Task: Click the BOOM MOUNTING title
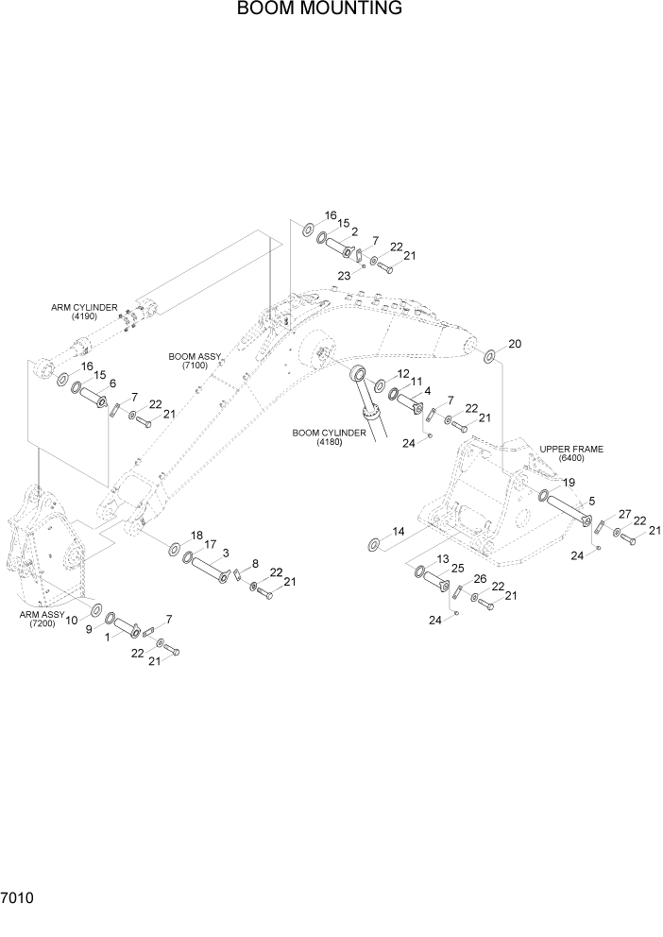(319, 9)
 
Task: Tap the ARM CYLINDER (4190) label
(85, 312)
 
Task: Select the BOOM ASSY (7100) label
(195, 361)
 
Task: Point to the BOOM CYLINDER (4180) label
(329, 437)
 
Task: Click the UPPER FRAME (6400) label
(571, 453)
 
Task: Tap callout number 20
(515, 343)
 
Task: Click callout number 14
(399, 532)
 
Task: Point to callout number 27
(624, 514)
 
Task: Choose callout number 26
(480, 579)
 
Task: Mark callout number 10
(72, 619)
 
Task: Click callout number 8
(254, 563)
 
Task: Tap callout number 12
(403, 374)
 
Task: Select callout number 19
(569, 483)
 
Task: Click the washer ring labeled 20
(490, 357)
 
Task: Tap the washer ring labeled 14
(373, 543)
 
